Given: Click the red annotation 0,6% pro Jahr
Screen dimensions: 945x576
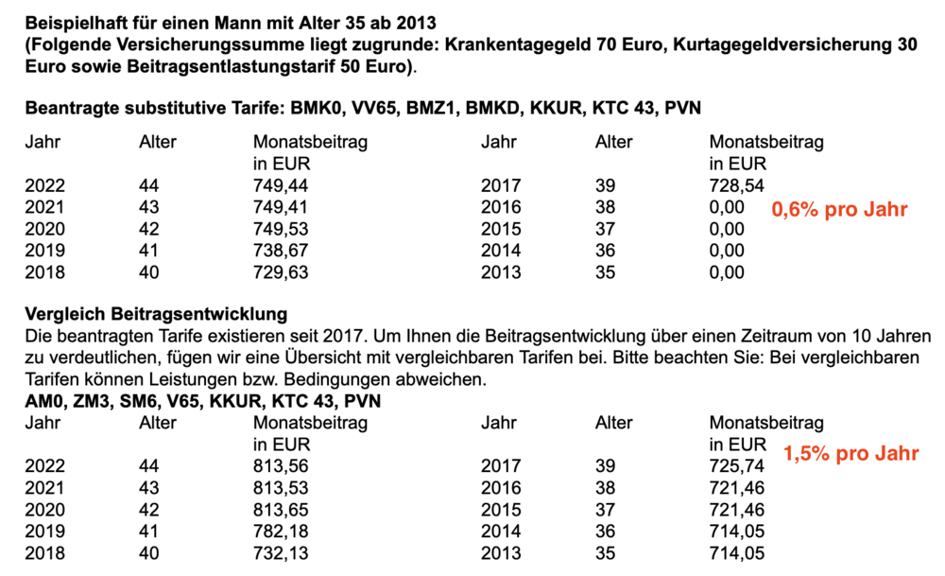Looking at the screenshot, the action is [840, 210].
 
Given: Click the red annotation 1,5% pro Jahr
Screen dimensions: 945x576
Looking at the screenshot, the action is [850, 453].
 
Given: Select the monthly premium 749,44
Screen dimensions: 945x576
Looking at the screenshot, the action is [283, 185].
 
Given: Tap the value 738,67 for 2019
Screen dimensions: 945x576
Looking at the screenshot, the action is [283, 251].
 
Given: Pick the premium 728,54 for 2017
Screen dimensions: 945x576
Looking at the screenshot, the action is [737, 185].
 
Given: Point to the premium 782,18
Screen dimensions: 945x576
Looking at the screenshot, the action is [283, 532].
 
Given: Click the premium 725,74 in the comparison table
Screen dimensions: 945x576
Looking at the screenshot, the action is [737, 467].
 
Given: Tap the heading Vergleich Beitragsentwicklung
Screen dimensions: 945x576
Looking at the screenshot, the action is [157, 314].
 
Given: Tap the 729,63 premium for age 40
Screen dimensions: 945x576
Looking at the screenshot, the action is [283, 272].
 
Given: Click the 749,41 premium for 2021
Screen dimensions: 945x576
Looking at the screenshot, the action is [283, 207].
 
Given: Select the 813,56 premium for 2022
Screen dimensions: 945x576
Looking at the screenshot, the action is [283, 467].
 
